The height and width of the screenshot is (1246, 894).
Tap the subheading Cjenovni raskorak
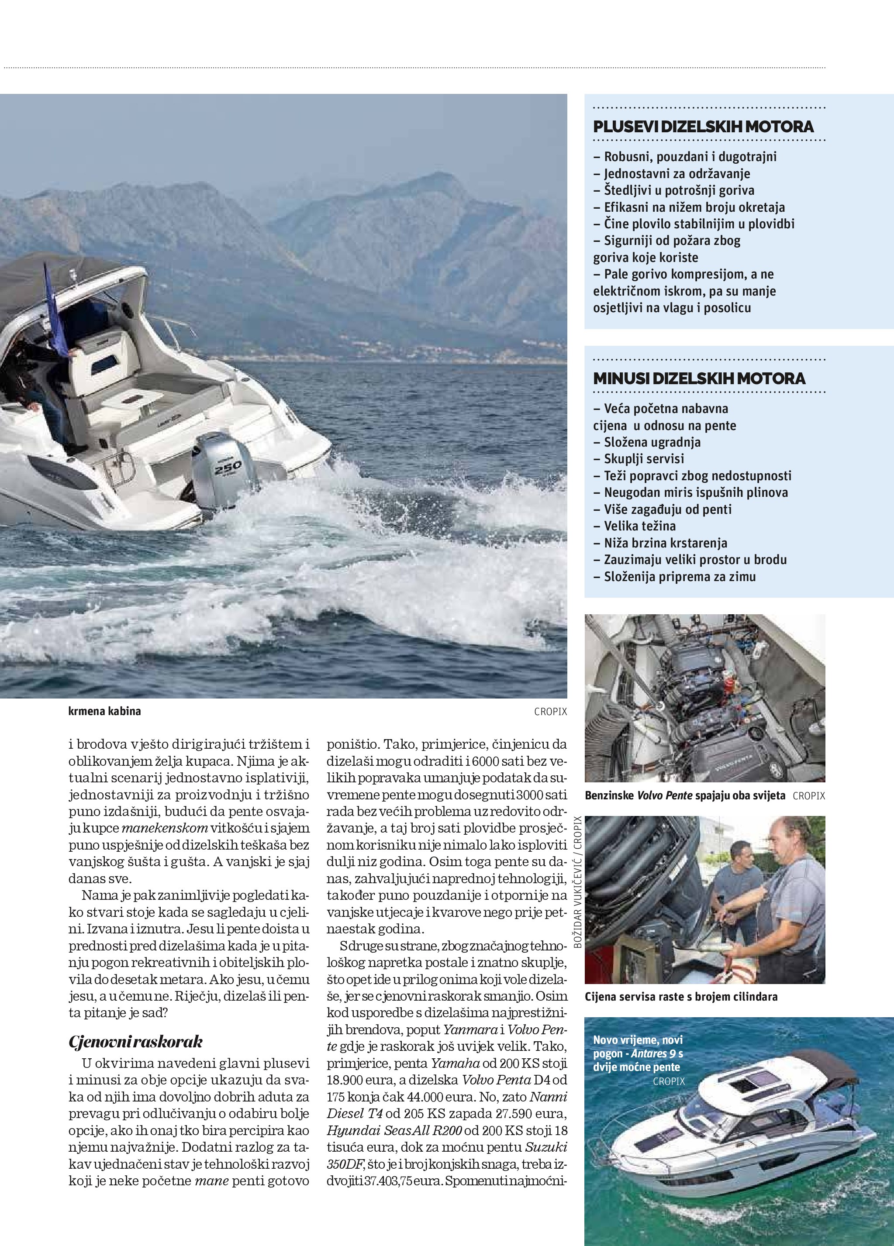136,1042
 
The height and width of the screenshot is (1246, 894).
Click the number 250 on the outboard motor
228,468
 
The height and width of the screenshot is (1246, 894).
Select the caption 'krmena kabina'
104,711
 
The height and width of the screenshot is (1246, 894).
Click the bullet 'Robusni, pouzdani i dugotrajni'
690,157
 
